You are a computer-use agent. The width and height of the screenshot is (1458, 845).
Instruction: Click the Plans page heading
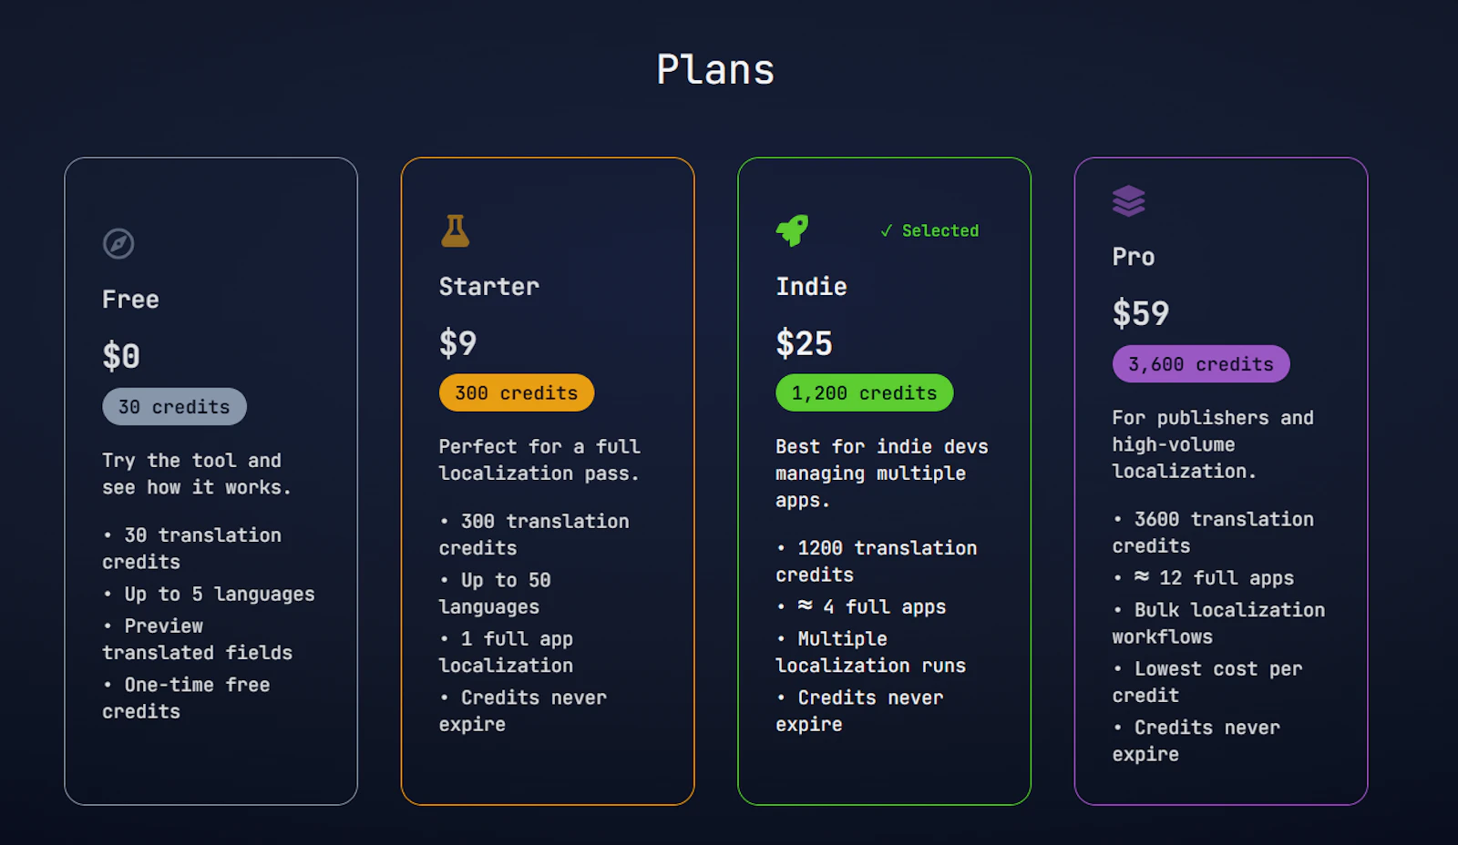pos(715,69)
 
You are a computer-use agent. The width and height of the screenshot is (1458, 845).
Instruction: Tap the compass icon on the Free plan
pos(118,244)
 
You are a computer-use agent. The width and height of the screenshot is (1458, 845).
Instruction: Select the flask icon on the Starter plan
pos(455,231)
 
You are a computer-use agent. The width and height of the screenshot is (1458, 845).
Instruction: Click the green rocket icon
pos(792,230)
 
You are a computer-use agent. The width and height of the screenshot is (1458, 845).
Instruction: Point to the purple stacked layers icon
pos(1129,201)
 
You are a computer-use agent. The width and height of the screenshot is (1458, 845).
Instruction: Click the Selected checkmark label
pos(929,231)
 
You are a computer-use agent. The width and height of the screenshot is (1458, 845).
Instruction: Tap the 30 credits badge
pos(174,406)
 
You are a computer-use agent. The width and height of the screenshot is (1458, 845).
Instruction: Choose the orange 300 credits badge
pos(517,392)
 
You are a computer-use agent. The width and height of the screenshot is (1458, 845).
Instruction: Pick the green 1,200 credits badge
pos(865,392)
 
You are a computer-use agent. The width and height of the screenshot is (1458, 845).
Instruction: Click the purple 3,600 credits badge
pos(1201,364)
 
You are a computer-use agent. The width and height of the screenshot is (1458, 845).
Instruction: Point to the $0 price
pos(121,356)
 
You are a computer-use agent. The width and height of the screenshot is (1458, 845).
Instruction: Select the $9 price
pos(458,343)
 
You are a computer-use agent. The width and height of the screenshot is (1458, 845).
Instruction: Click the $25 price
pos(804,343)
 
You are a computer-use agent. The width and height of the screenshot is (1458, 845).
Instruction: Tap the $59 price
pos(1140,313)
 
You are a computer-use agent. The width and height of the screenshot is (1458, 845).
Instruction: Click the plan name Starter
pos(488,287)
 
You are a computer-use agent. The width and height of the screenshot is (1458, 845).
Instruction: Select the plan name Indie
pos(811,287)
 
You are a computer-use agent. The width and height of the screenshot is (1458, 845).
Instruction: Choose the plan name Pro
pos(1134,257)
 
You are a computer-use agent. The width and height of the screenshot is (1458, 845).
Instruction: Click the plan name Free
pos(130,300)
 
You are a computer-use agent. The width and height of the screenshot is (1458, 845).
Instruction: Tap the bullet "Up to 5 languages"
pos(209,595)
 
